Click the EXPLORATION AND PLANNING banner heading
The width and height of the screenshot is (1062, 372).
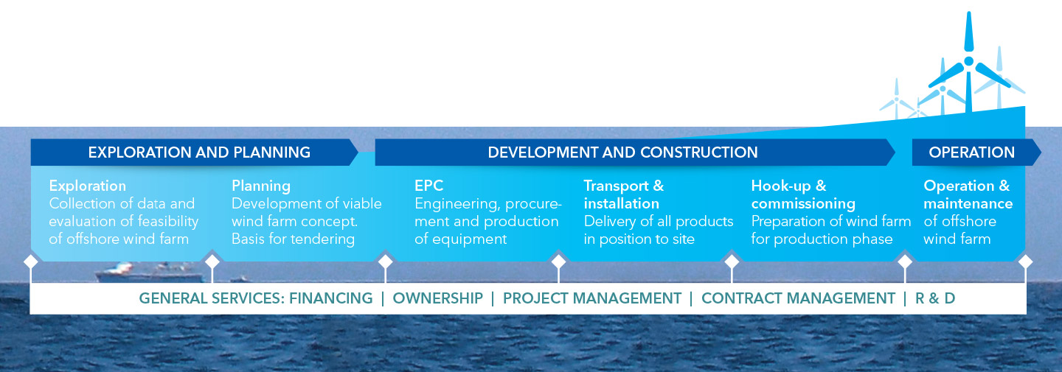pyautogui.click(x=199, y=152)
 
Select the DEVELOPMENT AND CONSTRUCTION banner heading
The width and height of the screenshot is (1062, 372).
pyautogui.click(x=622, y=152)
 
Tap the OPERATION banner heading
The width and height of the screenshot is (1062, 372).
pyautogui.click(x=971, y=152)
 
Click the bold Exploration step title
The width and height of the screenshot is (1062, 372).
pyautogui.click(x=88, y=186)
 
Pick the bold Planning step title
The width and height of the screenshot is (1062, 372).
pyautogui.click(x=261, y=186)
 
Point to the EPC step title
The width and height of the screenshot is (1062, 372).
pyautogui.click(x=428, y=186)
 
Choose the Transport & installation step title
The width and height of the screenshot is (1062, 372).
pyautogui.click(x=623, y=194)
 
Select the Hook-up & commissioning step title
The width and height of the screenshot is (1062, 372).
pyautogui.click(x=803, y=194)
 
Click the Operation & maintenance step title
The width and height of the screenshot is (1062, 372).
pyautogui.click(x=968, y=194)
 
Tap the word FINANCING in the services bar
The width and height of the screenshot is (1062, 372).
pyautogui.click(x=331, y=298)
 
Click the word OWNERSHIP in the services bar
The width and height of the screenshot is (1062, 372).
pyautogui.click(x=437, y=298)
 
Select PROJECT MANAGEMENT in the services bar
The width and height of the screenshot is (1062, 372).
pyautogui.click(x=592, y=298)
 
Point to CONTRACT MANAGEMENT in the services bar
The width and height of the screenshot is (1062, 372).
pyautogui.click(x=799, y=298)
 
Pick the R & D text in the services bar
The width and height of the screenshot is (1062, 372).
pyautogui.click(x=935, y=298)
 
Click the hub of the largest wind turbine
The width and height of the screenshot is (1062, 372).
pyautogui.click(x=969, y=61)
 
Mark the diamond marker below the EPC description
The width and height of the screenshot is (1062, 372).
pyautogui.click(x=386, y=262)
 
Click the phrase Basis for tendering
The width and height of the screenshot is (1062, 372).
pyautogui.click(x=293, y=239)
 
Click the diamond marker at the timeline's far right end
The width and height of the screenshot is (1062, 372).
pyautogui.click(x=1025, y=262)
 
